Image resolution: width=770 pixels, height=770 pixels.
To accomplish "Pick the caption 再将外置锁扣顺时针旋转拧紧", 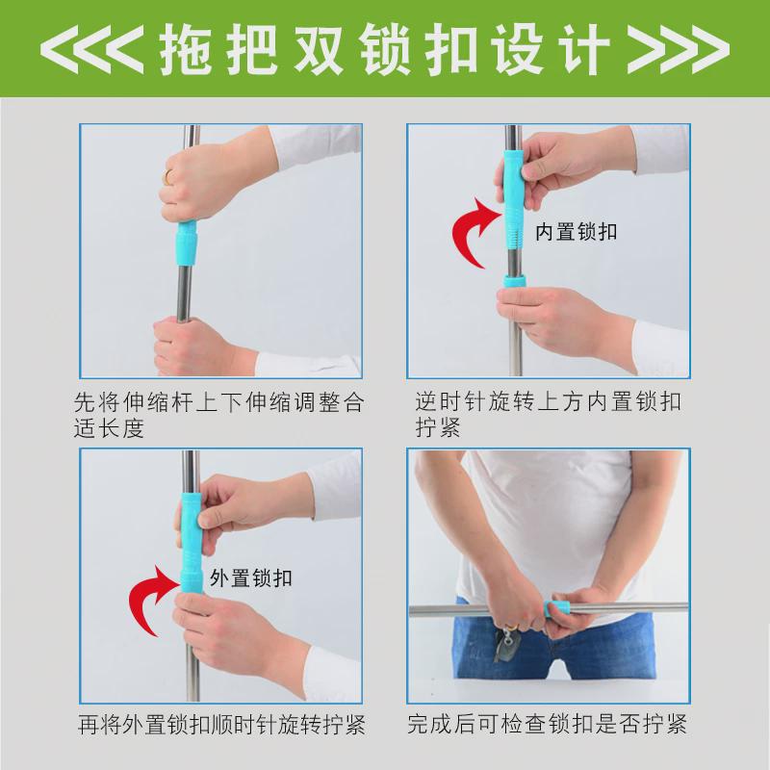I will coord(219,723).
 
